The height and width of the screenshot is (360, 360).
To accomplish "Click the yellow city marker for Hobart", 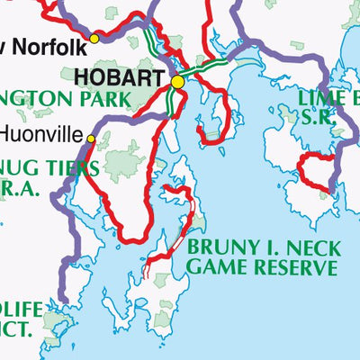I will pyautogui.click(x=177, y=82).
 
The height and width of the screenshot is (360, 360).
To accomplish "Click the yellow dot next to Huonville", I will pyautogui.click(x=90, y=138).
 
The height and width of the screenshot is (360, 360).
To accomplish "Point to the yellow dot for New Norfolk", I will pyautogui.click(x=94, y=39).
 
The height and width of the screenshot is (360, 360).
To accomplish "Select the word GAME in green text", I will pyautogui.click(x=216, y=267).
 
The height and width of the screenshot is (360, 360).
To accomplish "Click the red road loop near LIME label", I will pyautogui.click(x=315, y=172).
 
